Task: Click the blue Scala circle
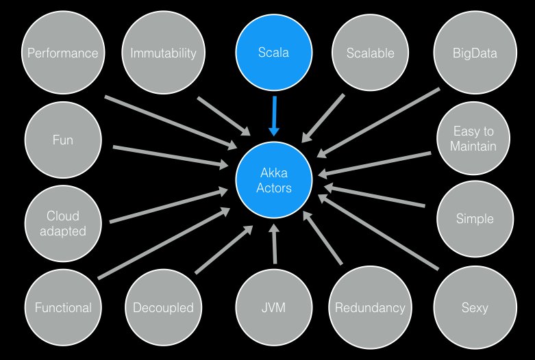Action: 273,52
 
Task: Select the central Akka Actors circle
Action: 273,180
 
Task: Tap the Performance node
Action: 62,52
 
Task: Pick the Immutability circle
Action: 162,52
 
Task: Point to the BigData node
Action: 474,52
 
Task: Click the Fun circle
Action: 62,140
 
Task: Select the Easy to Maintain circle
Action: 474,139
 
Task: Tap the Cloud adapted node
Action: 62,223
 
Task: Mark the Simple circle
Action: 474,219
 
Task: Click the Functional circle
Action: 62,307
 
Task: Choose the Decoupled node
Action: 162,307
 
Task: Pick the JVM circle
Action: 273,307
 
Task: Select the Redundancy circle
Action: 369,307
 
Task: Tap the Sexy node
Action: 474,307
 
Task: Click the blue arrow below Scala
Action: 274,115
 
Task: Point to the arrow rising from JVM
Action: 275,243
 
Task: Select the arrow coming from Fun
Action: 171,156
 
